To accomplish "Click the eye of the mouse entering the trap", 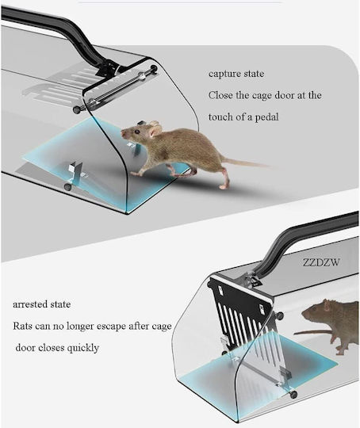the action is click(x=136, y=132).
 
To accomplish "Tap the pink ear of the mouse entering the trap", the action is click(x=155, y=131).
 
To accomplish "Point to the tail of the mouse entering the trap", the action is click(x=246, y=163).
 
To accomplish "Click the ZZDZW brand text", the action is click(x=321, y=262).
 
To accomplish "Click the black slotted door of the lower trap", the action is click(x=243, y=311).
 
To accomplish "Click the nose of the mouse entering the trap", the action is click(x=122, y=132).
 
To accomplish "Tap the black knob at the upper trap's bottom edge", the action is click(x=67, y=187).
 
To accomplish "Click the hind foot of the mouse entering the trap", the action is click(x=224, y=187).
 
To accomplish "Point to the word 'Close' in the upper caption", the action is click(x=220, y=95).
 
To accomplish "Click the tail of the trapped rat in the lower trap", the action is click(x=312, y=332).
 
